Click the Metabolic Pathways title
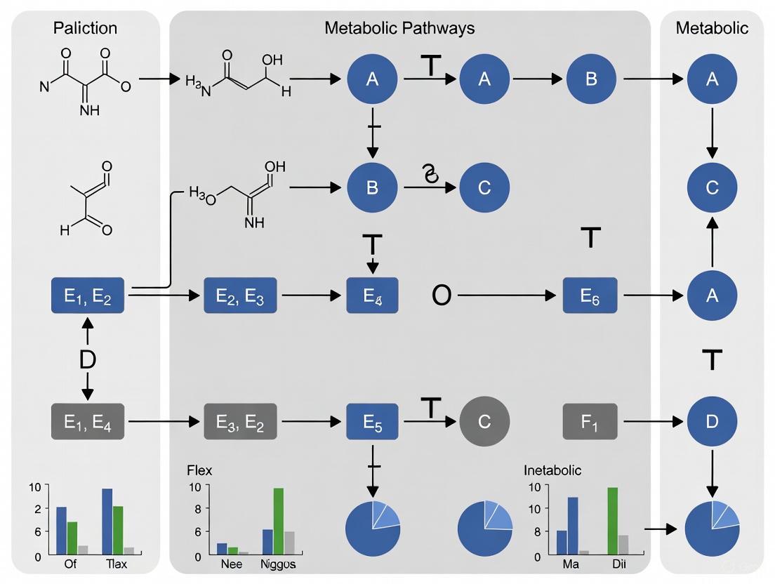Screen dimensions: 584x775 [399, 28]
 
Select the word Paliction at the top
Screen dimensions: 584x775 [85, 28]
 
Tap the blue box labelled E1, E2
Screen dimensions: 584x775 [88, 296]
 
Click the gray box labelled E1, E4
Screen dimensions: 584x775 [88, 421]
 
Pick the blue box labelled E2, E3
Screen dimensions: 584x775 [240, 296]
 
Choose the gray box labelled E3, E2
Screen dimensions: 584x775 [240, 421]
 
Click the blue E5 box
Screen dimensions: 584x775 [373, 421]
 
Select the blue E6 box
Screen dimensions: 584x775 [590, 296]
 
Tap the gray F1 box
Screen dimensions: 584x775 [590, 421]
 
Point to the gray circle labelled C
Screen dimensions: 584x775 [484, 421]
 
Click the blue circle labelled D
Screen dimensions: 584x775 [712, 421]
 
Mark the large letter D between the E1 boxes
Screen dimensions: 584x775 [88, 359]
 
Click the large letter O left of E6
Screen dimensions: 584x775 [441, 296]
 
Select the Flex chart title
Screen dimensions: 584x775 [199, 470]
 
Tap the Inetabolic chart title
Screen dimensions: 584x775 [552, 470]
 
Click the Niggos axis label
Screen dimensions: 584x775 [279, 564]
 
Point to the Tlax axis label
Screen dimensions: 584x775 [116, 564]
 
